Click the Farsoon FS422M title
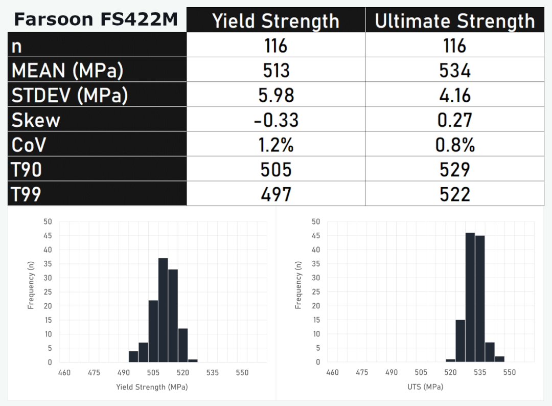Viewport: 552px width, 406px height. tap(96, 19)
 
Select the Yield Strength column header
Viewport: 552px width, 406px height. tap(275, 21)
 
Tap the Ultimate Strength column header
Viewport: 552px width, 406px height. tap(454, 21)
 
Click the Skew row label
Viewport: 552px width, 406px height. tap(36, 120)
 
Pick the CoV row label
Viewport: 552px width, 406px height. tap(29, 145)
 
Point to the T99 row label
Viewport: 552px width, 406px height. tap(27, 194)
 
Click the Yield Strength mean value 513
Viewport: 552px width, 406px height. tap(276, 71)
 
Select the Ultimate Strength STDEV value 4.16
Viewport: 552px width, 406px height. tap(454, 96)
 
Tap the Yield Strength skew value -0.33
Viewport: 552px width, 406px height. tap(276, 120)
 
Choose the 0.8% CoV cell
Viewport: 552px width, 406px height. tap(454, 145)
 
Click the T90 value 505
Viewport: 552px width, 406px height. tap(276, 170)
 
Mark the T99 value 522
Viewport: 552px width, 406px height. tap(454, 194)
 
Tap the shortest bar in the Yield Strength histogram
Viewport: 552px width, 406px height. tap(193, 360)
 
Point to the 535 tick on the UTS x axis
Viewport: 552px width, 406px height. tap(479, 373)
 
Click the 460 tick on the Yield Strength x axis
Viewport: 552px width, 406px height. tap(64, 373)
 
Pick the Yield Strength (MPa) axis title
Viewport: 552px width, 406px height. tap(152, 387)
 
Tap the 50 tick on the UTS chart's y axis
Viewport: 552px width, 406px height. tap(315, 222)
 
